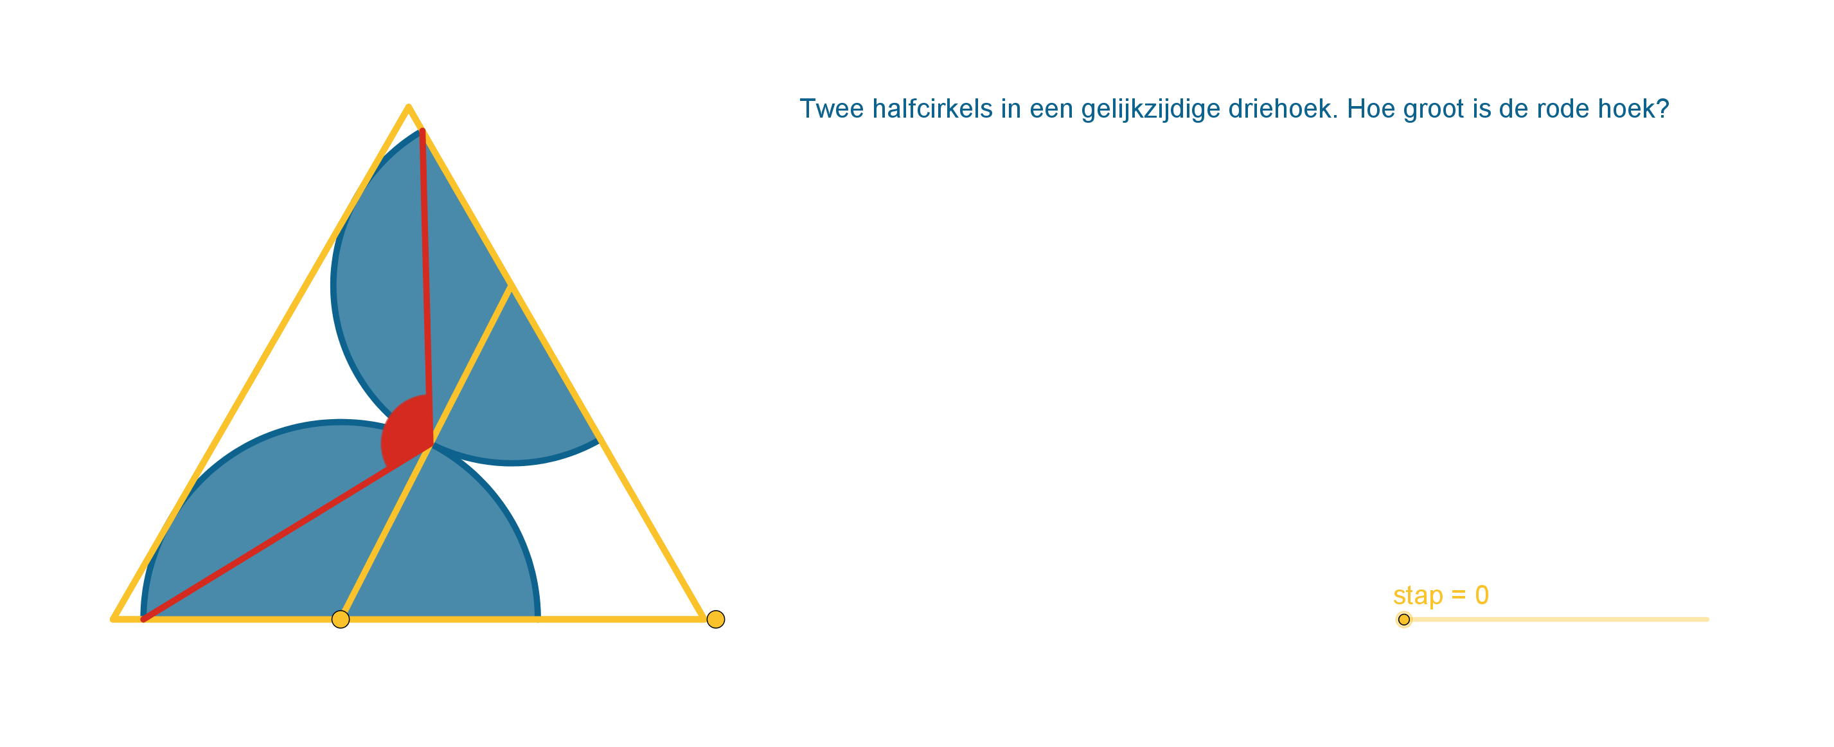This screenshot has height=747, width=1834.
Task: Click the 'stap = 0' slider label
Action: click(1441, 595)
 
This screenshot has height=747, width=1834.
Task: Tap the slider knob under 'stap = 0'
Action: click(1403, 620)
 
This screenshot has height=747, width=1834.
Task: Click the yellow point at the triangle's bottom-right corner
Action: click(715, 620)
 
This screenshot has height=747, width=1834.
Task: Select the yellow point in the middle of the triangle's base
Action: click(341, 620)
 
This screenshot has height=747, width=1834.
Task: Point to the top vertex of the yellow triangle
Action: click(408, 107)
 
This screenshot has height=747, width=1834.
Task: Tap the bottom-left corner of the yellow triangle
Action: click(112, 620)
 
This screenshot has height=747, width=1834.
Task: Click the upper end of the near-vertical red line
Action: click(422, 130)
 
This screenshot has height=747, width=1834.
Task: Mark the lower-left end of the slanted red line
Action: click(143, 620)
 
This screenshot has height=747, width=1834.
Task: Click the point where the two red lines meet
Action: click(431, 445)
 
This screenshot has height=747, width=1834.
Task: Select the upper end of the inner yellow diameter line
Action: click(510, 285)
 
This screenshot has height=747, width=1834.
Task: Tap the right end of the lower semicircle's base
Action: click(537, 618)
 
